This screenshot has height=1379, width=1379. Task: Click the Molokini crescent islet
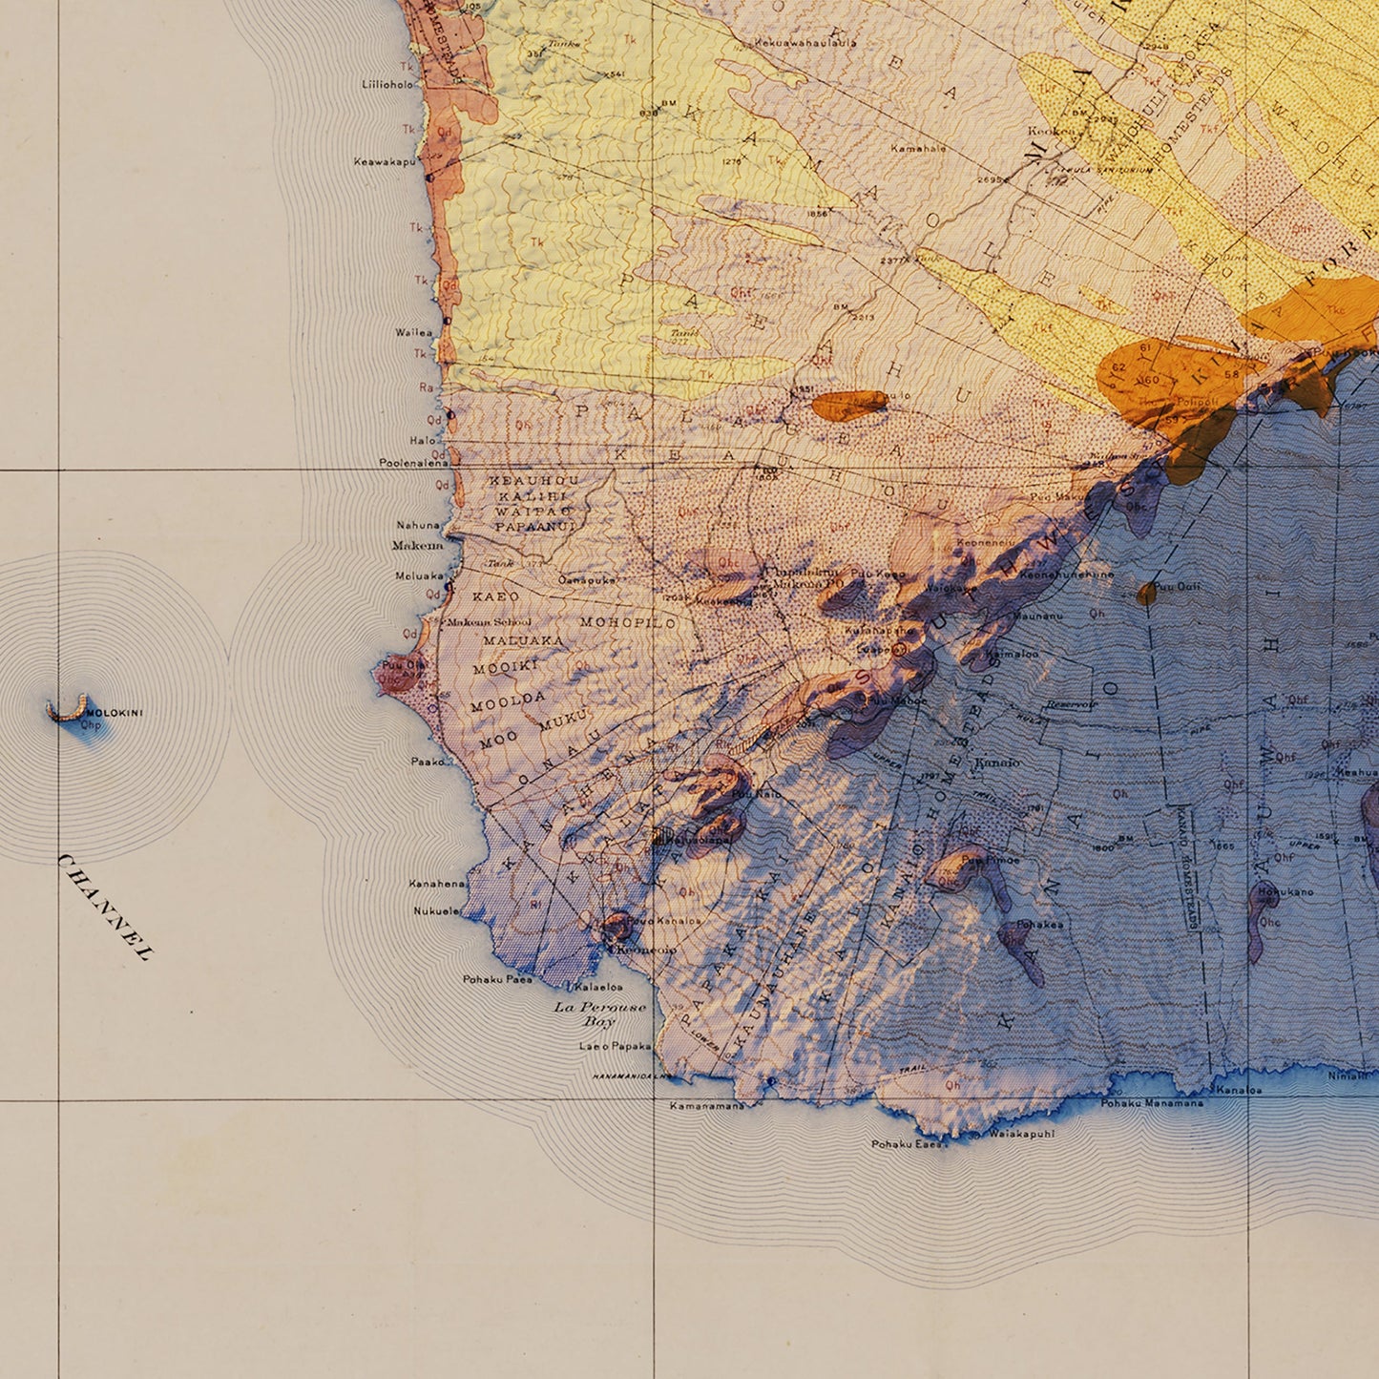[x=65, y=709]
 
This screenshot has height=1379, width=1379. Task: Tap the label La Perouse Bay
[x=600, y=1013]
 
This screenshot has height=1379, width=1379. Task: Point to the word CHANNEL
[x=105, y=907]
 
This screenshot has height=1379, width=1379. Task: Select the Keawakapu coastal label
[x=385, y=162]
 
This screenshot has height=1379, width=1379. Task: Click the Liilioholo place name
[x=388, y=84]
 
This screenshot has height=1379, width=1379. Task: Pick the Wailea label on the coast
[x=413, y=333]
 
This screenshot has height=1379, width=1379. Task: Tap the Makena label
[x=417, y=546]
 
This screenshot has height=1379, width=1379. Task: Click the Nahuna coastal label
[x=418, y=525]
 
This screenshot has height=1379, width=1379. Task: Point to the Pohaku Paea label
[x=497, y=979]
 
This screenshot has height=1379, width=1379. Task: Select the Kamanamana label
[x=706, y=1106]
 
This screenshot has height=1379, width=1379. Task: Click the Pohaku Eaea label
[x=905, y=1143]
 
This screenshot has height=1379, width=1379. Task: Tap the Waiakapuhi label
[x=1021, y=1134]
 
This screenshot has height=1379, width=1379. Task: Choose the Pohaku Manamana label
[x=1152, y=1103]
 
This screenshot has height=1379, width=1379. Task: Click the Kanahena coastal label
[x=436, y=884]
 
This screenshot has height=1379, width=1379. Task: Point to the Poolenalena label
[x=413, y=463]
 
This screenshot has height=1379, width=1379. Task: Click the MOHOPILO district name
[x=628, y=622]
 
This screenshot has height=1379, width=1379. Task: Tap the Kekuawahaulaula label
[x=804, y=42]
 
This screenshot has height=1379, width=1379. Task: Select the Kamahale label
[x=918, y=149]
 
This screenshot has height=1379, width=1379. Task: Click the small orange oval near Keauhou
[x=848, y=405]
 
